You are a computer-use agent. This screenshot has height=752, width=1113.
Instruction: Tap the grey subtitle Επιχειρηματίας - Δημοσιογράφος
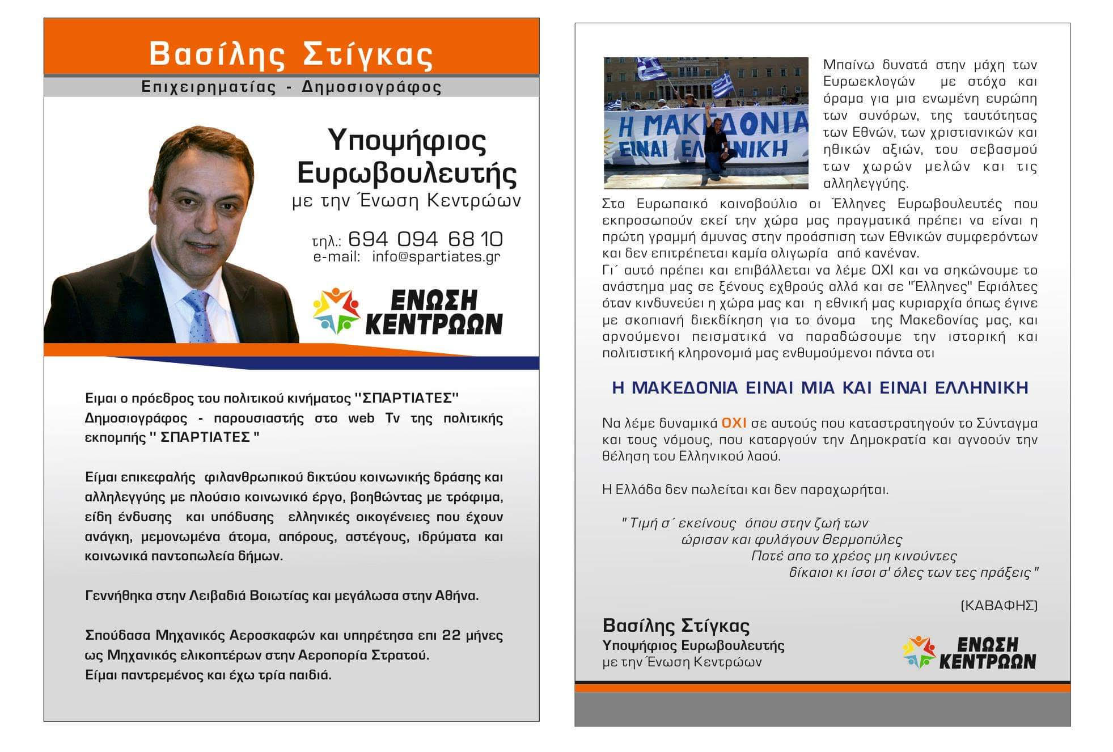point(291,87)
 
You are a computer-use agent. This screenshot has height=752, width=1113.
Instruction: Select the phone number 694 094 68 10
point(425,239)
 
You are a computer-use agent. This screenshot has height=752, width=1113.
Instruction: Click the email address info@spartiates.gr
point(435,257)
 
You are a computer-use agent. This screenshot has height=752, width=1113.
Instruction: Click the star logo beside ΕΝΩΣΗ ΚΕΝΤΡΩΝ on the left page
point(336,311)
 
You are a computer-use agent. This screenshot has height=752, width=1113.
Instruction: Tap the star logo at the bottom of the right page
point(919,653)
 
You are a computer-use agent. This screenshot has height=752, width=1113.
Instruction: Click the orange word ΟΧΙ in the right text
point(734,423)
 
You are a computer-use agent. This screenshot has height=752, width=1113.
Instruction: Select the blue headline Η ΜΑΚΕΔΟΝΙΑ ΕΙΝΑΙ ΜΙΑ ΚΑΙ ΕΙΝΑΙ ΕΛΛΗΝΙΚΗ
point(820,388)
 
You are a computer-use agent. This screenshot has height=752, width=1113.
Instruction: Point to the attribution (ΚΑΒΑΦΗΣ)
point(999,606)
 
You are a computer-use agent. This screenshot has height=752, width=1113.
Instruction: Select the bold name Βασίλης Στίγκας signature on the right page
point(676,626)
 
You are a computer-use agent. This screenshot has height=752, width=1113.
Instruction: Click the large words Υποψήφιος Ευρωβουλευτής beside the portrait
point(407,157)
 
